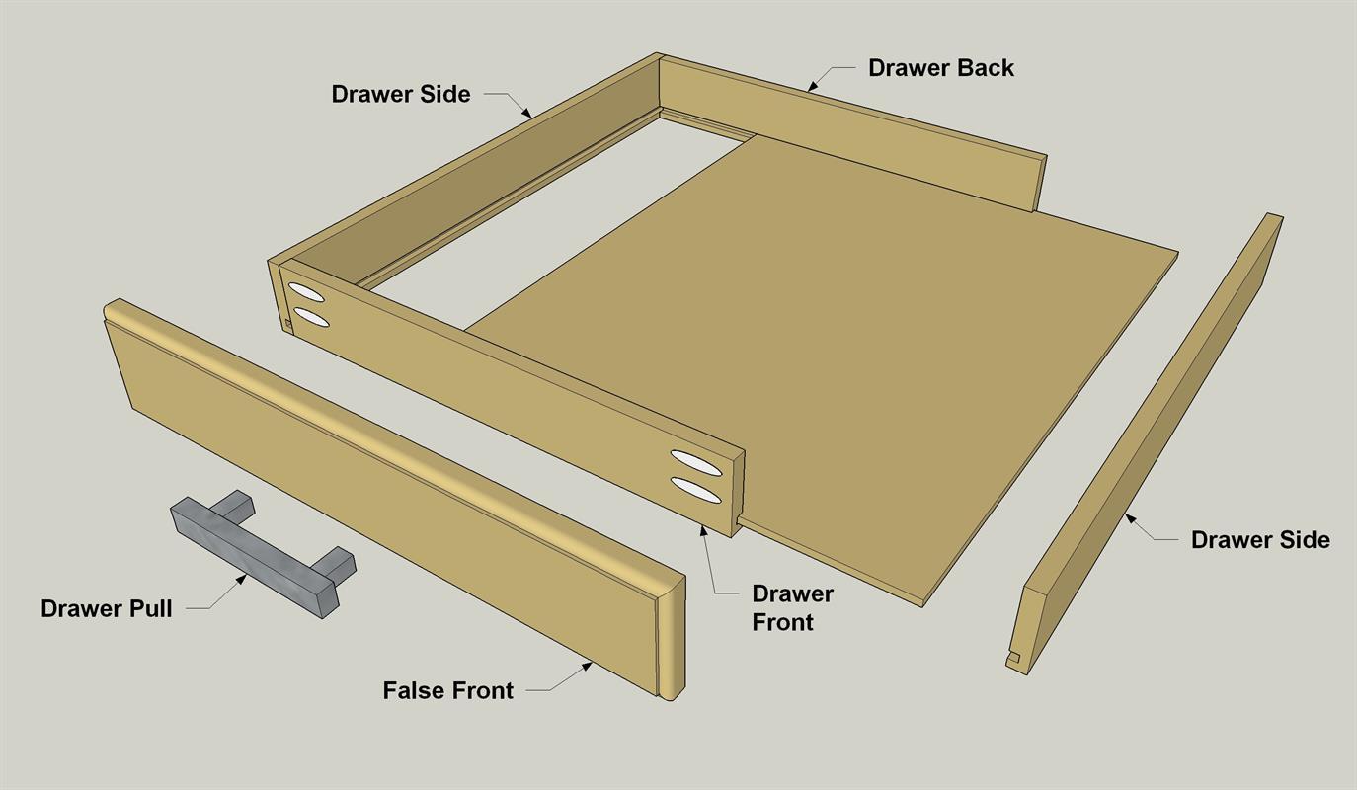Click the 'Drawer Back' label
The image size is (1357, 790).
click(x=941, y=68)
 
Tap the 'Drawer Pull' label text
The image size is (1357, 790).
click(x=107, y=609)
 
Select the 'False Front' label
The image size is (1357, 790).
click(x=447, y=690)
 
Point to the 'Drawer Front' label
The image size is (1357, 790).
click(x=792, y=607)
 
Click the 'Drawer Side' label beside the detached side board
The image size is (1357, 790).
click(x=1260, y=540)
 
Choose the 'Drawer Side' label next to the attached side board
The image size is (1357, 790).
click(x=400, y=94)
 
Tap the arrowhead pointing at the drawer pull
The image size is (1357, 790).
click(x=241, y=580)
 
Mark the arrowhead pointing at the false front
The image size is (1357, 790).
click(x=587, y=667)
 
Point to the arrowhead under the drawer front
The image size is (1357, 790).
click(x=703, y=530)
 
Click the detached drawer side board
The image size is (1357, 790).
click(x=1145, y=444)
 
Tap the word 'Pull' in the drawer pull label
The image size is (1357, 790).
click(x=151, y=609)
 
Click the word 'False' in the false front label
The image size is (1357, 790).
click(x=411, y=690)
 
